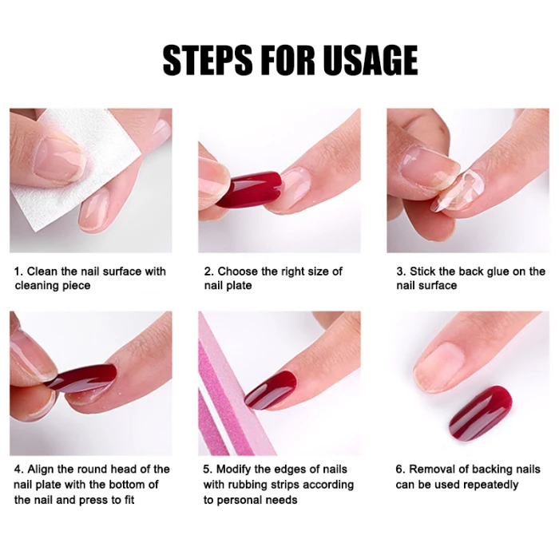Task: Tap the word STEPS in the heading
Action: point(208,60)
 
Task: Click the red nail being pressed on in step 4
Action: point(83,379)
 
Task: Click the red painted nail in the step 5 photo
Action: point(271,390)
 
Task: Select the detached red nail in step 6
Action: point(481,414)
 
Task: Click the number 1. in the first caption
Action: point(18,272)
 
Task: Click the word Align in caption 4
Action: point(41,470)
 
